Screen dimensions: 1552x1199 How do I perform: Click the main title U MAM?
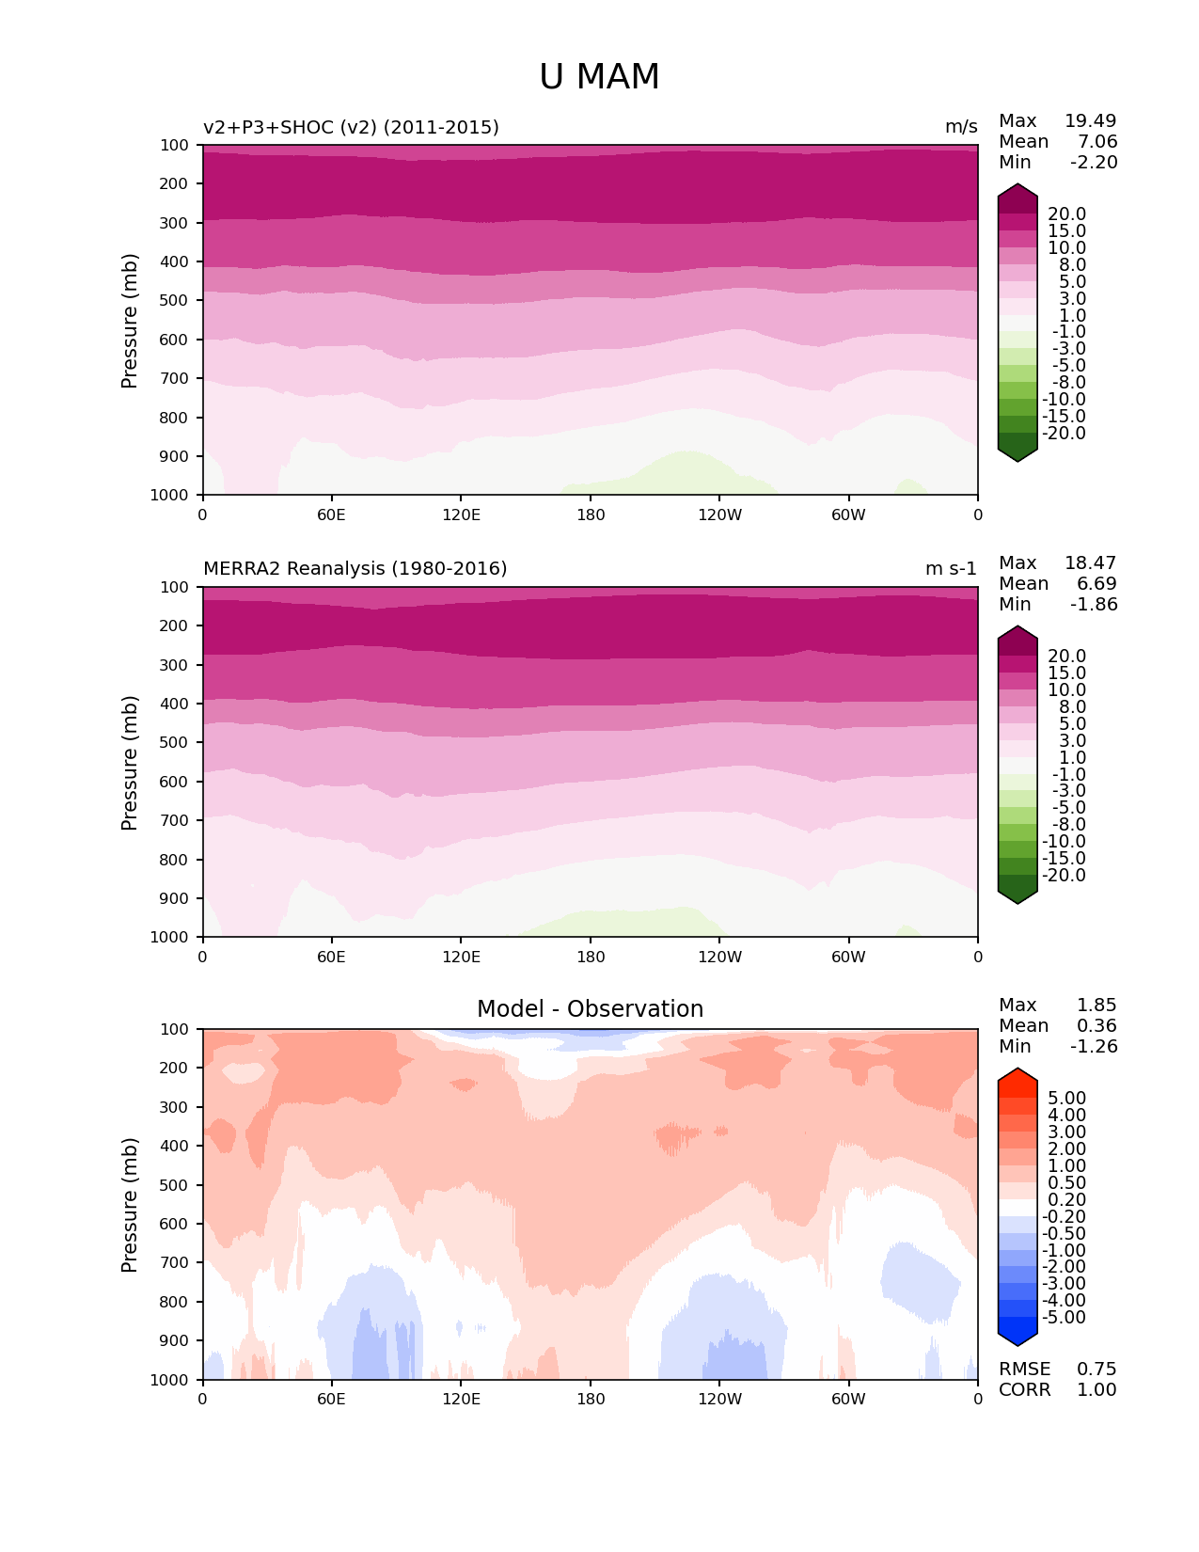pos(599,77)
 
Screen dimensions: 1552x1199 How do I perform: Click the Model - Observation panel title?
pos(590,1009)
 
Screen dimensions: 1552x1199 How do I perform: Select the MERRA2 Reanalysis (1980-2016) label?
pos(355,568)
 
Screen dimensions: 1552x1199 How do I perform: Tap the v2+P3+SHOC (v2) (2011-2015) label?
pos(351,127)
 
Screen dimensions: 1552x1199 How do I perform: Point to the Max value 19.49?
pos(1090,120)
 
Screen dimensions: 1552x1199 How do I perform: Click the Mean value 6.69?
pos(1096,583)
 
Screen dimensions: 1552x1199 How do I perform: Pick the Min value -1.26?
pos(1094,1046)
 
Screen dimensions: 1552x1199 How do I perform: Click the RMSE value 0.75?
pos(1096,1369)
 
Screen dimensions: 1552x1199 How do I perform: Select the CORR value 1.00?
pos(1096,1389)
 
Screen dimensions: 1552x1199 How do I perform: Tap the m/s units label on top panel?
pos(961,127)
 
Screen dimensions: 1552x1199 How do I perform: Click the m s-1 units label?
pos(951,568)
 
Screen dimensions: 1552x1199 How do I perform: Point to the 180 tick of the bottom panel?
pos(591,1399)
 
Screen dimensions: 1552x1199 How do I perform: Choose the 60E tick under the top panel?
pos(331,515)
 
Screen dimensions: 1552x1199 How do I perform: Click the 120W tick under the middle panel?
pos(719,957)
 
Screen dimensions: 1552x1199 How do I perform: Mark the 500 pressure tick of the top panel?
pos(175,300)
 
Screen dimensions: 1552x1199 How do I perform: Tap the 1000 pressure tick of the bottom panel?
pos(170,1380)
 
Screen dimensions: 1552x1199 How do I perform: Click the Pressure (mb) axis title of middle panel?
pos(130,762)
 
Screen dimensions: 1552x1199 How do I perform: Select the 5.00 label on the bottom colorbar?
pos(1066,1098)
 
